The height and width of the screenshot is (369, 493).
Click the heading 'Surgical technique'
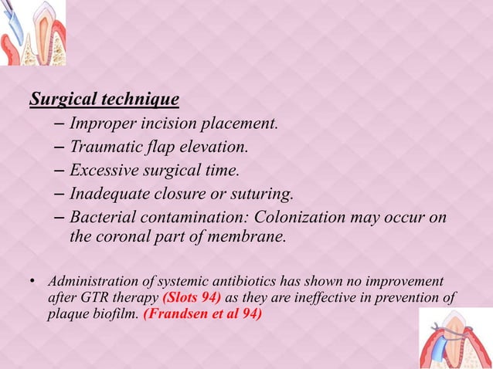[x=104, y=100]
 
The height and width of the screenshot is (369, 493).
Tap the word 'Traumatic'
[x=104, y=147]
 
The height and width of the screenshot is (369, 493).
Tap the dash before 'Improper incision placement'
[x=60, y=124]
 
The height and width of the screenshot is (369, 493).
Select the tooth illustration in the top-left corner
[x=32, y=32]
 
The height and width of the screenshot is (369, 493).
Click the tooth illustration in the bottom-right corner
[x=455, y=338]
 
